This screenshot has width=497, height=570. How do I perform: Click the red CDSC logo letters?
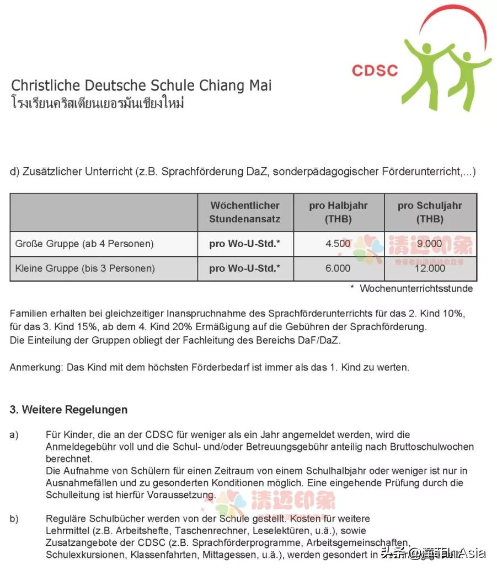375,70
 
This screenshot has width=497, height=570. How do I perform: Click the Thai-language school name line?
97,103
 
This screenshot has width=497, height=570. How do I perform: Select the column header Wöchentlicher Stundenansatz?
245,212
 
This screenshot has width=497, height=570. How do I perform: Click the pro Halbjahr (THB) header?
338,212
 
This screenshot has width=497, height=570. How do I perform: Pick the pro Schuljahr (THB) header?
430,212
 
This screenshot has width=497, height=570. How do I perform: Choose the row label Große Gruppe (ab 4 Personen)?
84,244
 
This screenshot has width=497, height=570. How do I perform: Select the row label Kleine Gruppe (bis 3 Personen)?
85,268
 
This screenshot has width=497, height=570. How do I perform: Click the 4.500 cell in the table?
338,244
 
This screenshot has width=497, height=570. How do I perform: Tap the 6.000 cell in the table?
338,268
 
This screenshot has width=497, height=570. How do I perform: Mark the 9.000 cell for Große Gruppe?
430,244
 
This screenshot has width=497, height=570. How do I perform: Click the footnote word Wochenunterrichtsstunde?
416,288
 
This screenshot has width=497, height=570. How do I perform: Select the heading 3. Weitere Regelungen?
68,410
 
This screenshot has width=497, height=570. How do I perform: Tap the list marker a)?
14,435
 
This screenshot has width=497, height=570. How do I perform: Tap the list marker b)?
14,519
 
